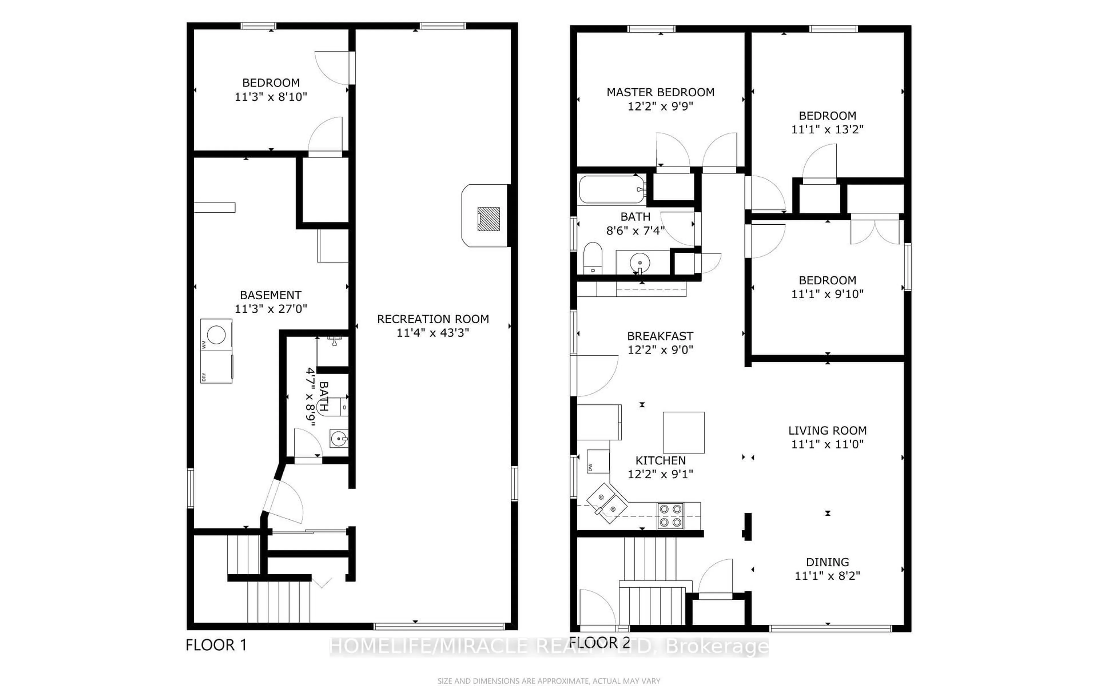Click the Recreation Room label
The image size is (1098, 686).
(x=433, y=319)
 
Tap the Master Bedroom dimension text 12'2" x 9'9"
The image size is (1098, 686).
(x=660, y=106)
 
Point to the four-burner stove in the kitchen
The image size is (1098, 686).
(x=671, y=516)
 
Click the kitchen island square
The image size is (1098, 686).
(x=683, y=432)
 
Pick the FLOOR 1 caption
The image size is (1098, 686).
(x=216, y=645)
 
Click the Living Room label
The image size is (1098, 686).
(x=827, y=430)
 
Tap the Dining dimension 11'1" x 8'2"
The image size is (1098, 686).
(x=827, y=576)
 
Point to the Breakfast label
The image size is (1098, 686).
(x=660, y=336)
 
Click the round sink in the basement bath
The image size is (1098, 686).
(x=339, y=439)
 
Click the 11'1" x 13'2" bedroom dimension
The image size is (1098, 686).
(x=827, y=129)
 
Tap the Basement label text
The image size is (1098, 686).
(x=270, y=295)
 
